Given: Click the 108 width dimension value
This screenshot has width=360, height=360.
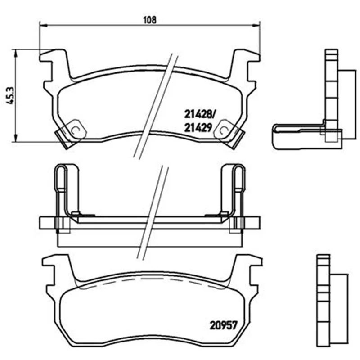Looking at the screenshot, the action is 150,20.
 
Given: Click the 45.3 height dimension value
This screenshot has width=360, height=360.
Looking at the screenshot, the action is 11,96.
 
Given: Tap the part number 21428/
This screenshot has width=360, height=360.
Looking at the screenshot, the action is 199,114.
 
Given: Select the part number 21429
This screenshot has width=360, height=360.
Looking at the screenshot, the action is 198,128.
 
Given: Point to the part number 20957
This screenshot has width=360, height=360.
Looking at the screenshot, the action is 223,325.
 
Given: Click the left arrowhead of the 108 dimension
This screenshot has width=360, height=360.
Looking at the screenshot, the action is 43,25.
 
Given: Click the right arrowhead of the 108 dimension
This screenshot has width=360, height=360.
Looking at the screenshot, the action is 256,25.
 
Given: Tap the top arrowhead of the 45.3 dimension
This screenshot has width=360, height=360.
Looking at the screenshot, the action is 15,53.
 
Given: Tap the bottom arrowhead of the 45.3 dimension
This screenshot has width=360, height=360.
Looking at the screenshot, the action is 15,138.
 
